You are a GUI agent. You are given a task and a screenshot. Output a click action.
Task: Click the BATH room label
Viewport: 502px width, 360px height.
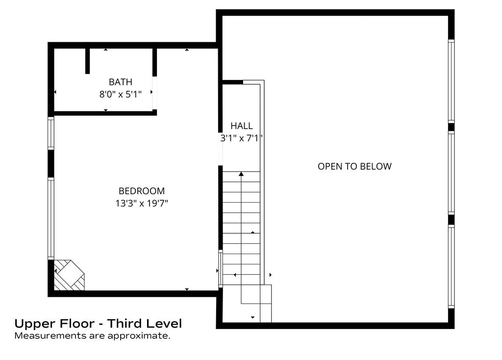(121, 82)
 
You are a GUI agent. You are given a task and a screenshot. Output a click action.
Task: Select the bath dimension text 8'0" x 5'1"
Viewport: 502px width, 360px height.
(121, 94)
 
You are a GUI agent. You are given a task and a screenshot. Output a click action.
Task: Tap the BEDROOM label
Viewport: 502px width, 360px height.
(142, 191)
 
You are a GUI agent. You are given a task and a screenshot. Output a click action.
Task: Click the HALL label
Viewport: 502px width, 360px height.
(242, 126)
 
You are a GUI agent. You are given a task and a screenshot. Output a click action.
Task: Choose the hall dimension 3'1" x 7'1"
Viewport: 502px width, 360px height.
(242, 138)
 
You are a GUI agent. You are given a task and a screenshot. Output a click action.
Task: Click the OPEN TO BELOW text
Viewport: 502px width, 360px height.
(354, 166)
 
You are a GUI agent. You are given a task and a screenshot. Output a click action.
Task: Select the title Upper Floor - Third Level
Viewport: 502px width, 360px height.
(98, 324)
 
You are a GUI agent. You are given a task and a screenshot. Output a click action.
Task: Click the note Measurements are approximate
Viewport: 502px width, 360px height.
(92, 336)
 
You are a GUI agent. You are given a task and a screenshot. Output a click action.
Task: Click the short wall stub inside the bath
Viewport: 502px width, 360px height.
(87, 61)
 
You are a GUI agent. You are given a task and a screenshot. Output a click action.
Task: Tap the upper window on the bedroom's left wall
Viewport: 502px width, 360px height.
(50, 133)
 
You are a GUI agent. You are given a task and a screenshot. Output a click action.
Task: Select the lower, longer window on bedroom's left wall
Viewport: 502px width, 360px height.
(50, 218)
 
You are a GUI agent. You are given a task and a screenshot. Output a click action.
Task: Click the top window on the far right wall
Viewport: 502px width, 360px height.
(451, 81)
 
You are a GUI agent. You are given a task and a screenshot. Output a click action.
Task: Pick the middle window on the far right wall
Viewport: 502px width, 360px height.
(451, 173)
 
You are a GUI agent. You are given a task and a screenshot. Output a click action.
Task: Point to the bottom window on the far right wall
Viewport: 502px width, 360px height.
(451, 266)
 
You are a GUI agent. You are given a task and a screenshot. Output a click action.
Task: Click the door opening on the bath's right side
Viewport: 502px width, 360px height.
(154, 93)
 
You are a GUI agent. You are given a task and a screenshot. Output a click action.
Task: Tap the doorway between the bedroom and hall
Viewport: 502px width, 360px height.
(220, 149)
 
